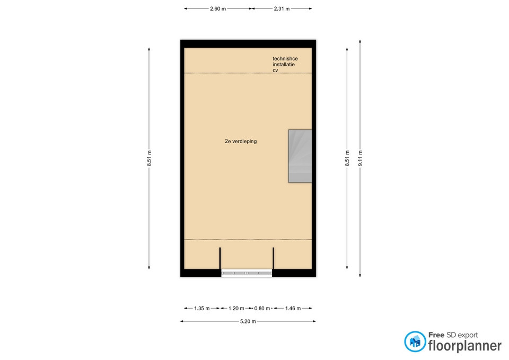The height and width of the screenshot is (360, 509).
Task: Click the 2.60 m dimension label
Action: coord(218,9)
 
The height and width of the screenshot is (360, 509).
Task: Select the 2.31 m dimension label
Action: coord(282,9)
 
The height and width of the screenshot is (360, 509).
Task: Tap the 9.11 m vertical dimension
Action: coord(360,159)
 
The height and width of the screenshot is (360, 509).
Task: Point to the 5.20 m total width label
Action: coord(248,321)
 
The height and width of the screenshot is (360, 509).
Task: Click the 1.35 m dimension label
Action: coord(202,309)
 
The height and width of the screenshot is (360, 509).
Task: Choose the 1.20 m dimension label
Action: coord(236,309)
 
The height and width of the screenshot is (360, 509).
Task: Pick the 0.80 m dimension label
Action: coord(262,309)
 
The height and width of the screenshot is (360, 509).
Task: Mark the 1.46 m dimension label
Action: coord(293,309)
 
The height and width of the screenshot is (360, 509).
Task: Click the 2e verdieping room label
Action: coord(241,141)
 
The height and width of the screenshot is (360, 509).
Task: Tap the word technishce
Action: coord(285,59)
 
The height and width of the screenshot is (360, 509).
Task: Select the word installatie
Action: coord(284,65)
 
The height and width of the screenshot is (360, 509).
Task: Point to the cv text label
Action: coord(275,71)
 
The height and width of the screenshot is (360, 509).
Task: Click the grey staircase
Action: coord(300,156)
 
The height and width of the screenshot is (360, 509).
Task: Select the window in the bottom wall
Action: coord(247,274)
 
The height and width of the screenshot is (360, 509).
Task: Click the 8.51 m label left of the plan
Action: coord(149,159)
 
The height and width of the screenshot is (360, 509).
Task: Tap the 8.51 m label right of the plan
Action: coord(347,159)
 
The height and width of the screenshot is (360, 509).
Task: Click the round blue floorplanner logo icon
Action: coord(415,341)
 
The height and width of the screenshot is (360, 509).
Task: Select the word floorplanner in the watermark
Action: coord(465,346)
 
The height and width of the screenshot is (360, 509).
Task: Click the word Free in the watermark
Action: coord(436,335)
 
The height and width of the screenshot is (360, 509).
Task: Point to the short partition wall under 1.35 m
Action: coord(220,258)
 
